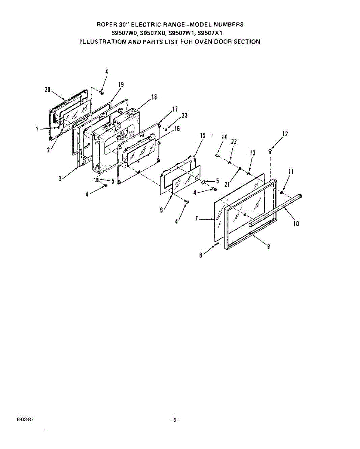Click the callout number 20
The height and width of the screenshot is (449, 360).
(48, 90)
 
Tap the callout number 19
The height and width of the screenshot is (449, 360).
(121, 85)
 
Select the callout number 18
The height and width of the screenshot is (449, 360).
(154, 97)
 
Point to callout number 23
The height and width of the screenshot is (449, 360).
(184, 115)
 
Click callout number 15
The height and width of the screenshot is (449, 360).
(203, 135)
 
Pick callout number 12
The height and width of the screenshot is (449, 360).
(285, 134)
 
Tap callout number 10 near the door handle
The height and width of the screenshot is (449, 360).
(296, 224)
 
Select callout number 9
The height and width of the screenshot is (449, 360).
(269, 247)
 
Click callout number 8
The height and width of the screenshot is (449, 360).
(201, 256)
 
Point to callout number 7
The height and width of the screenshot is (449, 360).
(196, 219)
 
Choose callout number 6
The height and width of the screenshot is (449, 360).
(162, 210)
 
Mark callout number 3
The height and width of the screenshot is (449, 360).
(60, 179)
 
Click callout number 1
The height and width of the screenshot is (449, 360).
(37, 129)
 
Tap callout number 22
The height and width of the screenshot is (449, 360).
(234, 142)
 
